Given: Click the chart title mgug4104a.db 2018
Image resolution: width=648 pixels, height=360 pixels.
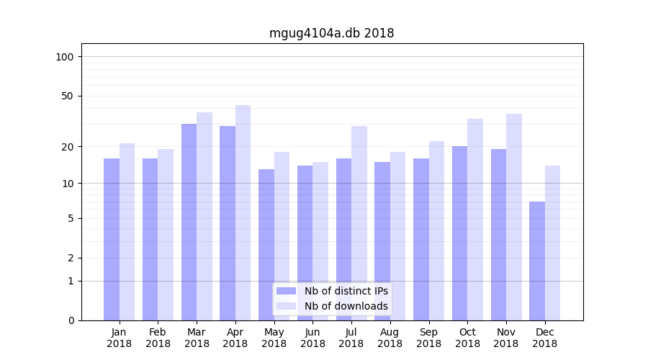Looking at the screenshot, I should click(331, 33).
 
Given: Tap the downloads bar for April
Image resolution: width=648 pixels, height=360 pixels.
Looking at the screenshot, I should click(243, 212).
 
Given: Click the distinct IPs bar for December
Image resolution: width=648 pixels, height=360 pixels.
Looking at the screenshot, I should click(537, 261).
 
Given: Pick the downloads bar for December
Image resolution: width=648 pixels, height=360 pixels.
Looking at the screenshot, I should click(552, 243).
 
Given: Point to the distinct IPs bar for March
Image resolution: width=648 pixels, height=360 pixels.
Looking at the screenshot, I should click(189, 222).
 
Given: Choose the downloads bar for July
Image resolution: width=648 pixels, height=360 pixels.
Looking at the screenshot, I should click(359, 223).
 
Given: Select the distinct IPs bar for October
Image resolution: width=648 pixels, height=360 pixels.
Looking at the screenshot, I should click(460, 233).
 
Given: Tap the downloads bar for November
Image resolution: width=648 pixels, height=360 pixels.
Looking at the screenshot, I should click(514, 217).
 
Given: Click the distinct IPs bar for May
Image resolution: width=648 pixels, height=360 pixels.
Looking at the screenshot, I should click(266, 245).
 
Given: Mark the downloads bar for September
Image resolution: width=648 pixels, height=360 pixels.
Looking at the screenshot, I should click(436, 230).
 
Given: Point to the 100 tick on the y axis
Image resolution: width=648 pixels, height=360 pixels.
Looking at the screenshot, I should click(65, 57).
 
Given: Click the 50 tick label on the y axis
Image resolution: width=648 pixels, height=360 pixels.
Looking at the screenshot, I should click(68, 96).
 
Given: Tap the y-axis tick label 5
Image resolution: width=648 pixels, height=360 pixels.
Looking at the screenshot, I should click(71, 218).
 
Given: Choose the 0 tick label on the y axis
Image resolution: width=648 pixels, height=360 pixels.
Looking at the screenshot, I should click(71, 320).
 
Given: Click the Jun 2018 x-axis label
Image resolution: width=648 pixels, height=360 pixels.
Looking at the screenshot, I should click(312, 338).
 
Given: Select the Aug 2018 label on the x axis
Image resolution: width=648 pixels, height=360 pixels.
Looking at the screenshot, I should click(390, 338).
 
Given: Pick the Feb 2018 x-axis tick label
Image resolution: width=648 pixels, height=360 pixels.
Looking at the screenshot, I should click(158, 338).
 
